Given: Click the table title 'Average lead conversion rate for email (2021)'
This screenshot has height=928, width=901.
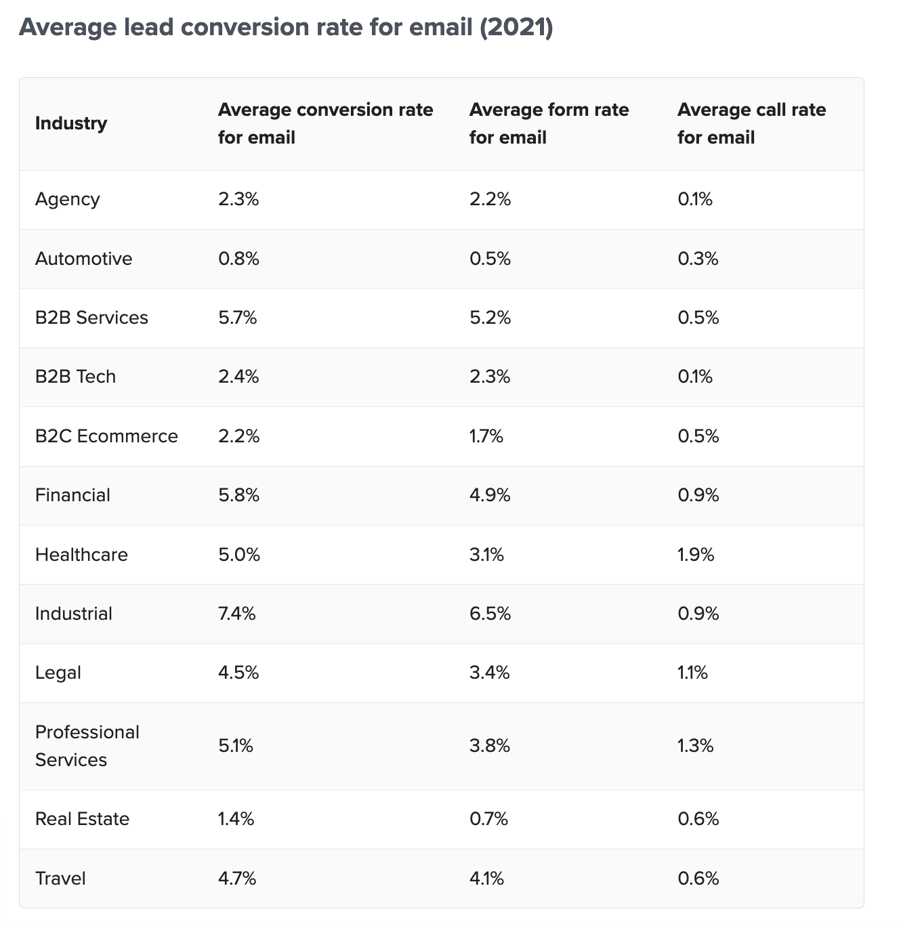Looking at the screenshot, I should tap(286, 28).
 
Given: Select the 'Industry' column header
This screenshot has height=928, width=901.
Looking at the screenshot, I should tap(71, 123).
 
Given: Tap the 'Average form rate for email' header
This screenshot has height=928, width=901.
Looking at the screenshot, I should tap(549, 123).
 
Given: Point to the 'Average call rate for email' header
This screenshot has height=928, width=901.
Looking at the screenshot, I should tap(751, 123).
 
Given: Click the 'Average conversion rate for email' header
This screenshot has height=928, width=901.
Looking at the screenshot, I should tap(325, 123).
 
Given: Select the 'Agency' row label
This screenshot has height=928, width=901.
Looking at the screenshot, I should tap(68, 199).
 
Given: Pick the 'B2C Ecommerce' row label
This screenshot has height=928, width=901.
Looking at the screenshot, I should tap(106, 436).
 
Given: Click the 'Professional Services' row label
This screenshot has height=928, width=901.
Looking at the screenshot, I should tap(87, 746).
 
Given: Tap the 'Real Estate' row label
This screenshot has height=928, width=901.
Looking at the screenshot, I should tap(82, 819).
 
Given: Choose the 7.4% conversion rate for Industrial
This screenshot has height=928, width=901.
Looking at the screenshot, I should tap(237, 614).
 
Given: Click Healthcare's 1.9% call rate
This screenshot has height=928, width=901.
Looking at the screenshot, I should tap(696, 555).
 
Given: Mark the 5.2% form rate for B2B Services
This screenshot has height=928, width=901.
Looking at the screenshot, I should tap(490, 318).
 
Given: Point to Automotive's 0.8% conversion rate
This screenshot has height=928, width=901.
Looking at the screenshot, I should tap(238, 259).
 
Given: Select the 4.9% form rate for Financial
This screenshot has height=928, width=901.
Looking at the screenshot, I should tap(490, 495).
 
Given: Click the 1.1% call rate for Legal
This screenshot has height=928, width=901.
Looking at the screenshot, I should tap(692, 673).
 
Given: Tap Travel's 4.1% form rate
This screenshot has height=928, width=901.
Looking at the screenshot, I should tap(486, 879).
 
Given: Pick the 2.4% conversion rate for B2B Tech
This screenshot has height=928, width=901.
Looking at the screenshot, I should tap(238, 377).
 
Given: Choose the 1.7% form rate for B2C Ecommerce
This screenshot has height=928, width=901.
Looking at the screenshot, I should tap(486, 436).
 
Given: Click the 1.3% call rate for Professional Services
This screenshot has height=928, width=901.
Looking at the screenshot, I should tap(696, 746).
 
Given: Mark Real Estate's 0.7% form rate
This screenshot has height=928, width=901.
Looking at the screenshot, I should tap(488, 819).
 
